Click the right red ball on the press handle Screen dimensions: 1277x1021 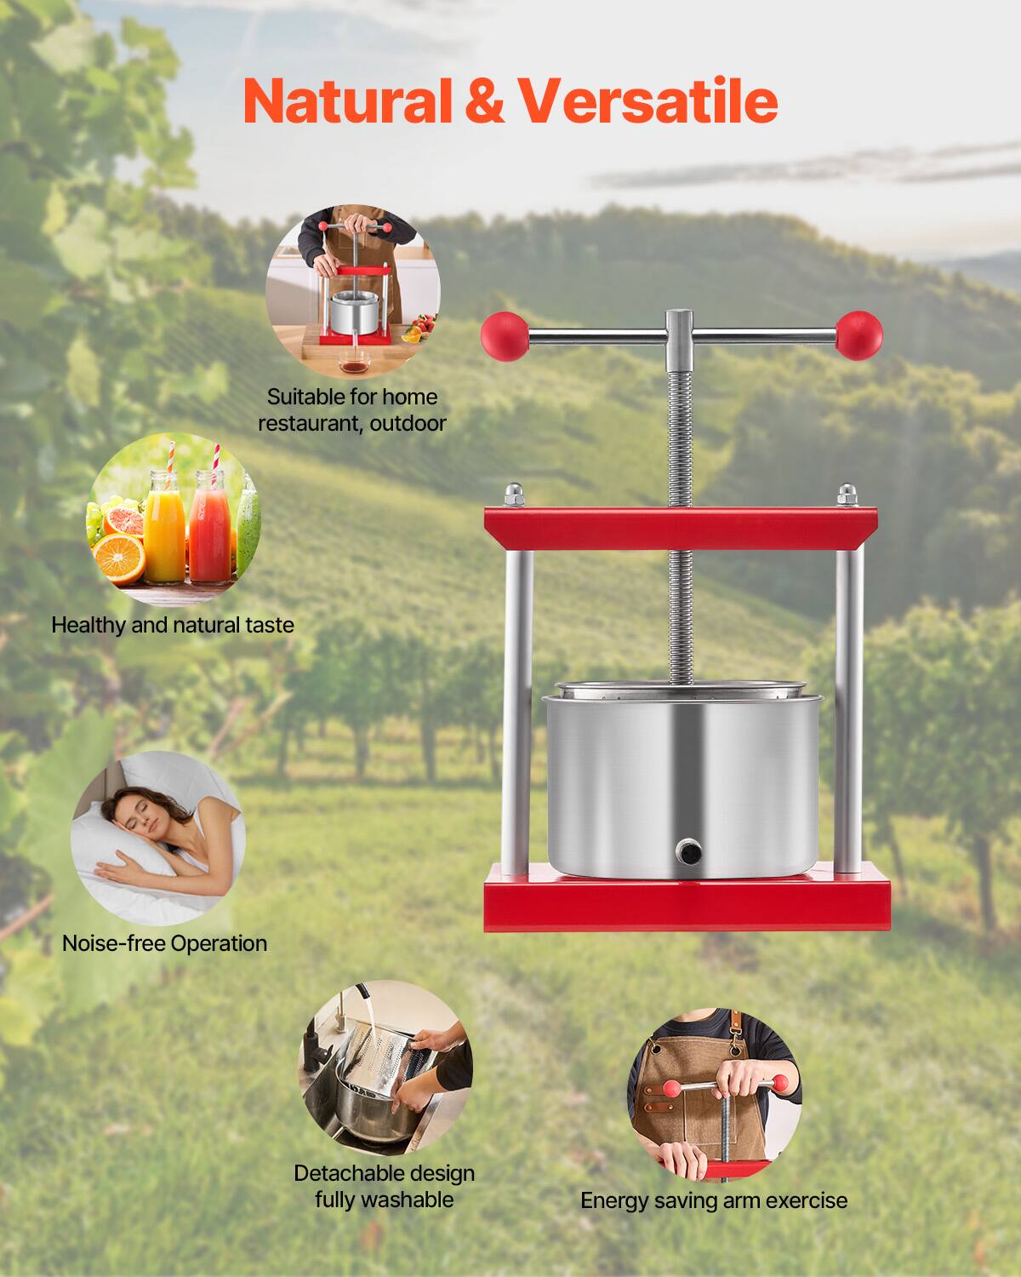pos(858,334)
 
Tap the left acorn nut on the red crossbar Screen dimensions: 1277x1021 pos(513,495)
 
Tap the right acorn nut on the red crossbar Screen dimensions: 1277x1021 pos(847,495)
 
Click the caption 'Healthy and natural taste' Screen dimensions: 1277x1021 pos(173,625)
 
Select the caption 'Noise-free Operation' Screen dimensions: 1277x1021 pos(164,943)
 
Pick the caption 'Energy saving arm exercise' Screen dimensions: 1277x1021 pos(714,1200)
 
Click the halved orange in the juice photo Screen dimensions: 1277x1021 pos(120,556)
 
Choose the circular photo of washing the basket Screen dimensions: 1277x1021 pos(385,1068)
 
